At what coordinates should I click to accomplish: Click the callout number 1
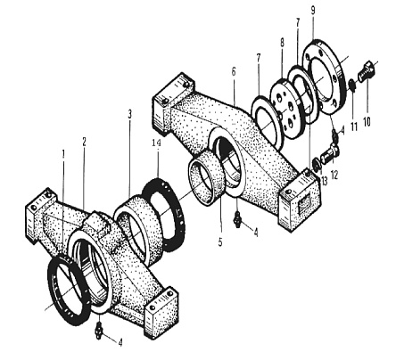pos(63,154)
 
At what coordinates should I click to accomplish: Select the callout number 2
pos(84,142)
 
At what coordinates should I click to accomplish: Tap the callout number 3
pos(129,114)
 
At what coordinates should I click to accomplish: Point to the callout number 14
pos(156,143)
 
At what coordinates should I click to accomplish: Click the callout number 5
pos(220,242)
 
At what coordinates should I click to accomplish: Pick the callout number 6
pos(234,72)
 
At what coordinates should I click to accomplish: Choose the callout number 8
pos(282,43)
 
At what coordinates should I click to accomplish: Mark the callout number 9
pos(313,11)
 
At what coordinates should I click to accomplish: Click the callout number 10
pos(367,121)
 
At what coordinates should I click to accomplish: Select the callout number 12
pos(334,175)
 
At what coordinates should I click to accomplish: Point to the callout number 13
pos(324,180)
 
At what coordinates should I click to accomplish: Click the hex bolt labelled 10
pos(367,71)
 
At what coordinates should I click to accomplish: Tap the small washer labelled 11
pos(352,85)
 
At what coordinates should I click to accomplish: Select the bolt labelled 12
pos(329,153)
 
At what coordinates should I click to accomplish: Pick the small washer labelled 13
pos(316,165)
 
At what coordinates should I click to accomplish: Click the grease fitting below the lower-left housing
pos(99,331)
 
